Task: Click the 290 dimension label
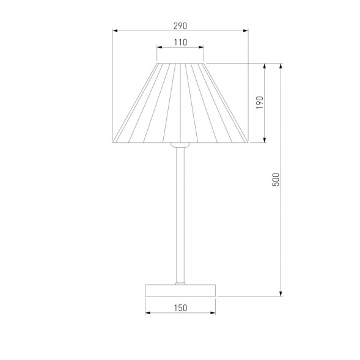(180, 26)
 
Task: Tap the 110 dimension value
(180, 42)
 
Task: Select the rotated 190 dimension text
(260, 103)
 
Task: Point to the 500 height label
(276, 179)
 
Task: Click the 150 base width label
(180, 308)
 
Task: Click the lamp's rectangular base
(180, 290)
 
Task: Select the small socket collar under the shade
(180, 145)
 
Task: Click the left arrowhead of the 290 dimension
(115, 31)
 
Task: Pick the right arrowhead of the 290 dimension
(246, 31)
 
